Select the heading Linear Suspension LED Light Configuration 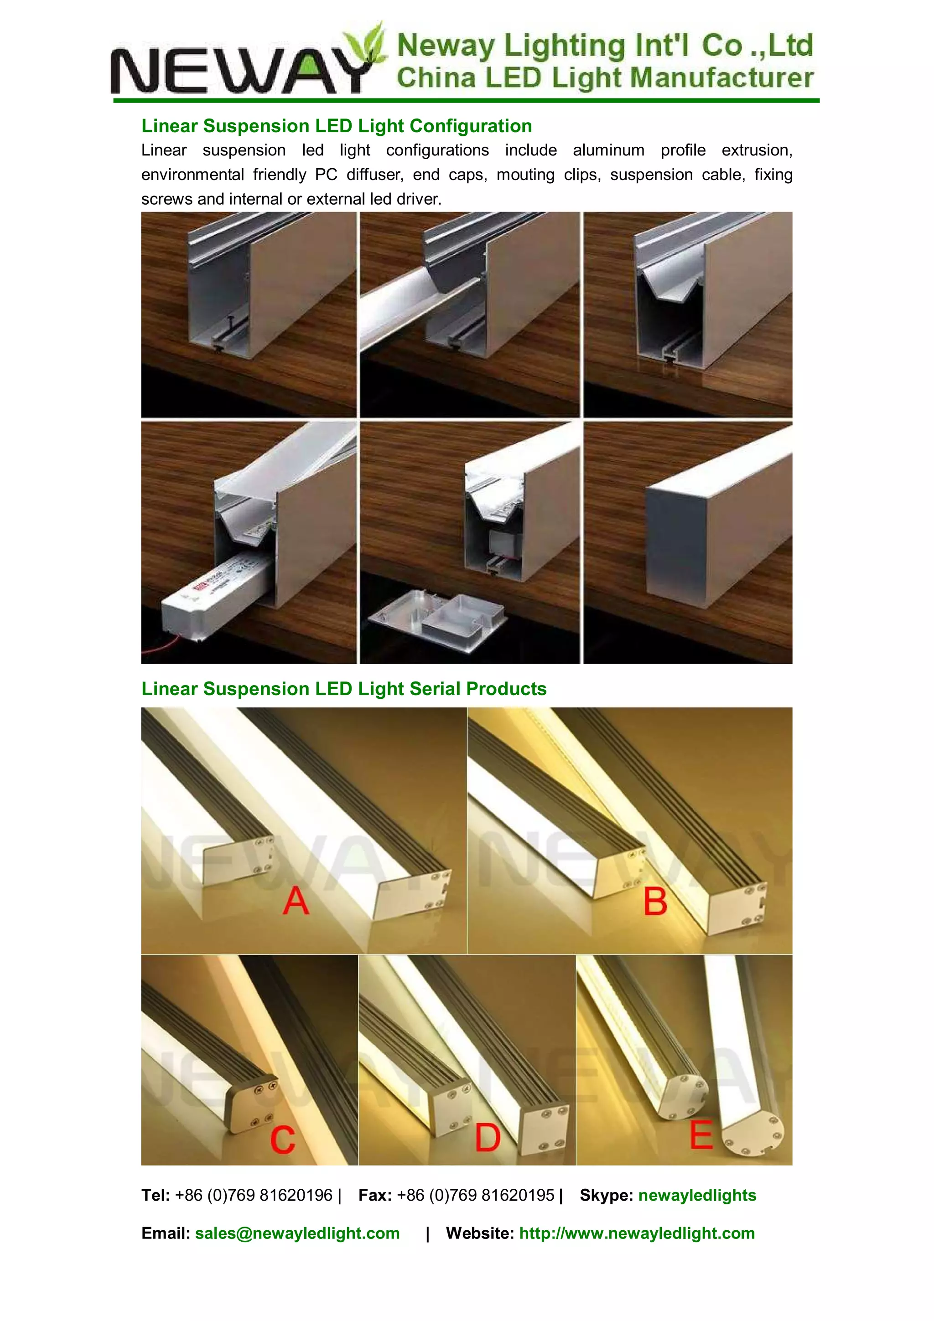[x=337, y=126]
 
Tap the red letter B [x=655, y=902]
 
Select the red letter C [x=283, y=1139]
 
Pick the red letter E [x=701, y=1135]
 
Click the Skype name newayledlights [x=697, y=1195]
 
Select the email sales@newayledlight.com [x=297, y=1233]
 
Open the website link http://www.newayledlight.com [x=637, y=1233]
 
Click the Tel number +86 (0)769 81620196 [x=254, y=1195]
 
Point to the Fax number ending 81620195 [x=475, y=1195]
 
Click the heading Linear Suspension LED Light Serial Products [x=343, y=689]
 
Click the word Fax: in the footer [x=374, y=1195]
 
